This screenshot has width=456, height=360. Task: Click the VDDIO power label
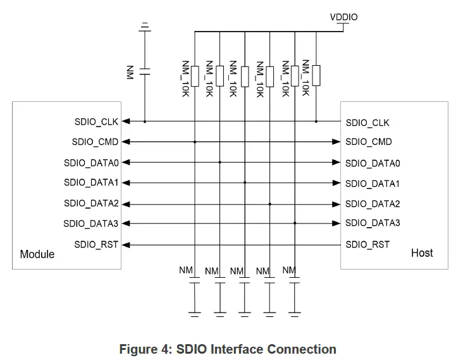343,17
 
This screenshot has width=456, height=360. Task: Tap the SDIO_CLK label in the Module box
96,121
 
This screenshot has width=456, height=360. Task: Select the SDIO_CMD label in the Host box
369,142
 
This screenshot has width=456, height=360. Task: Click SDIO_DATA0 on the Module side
92,163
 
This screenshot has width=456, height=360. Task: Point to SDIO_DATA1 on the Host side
373,183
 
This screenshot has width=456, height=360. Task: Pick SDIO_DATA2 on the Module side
92,203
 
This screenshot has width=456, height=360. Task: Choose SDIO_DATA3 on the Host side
373,223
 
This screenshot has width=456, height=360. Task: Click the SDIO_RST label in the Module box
96,244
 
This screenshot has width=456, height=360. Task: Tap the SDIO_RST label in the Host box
367,244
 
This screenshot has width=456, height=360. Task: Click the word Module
37,254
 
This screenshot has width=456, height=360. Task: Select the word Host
422,253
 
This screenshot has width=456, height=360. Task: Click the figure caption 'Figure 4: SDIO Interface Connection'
228,349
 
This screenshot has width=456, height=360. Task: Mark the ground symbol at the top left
145,27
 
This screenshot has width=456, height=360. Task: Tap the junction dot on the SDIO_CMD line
195,142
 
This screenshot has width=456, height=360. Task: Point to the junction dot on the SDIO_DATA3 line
295,223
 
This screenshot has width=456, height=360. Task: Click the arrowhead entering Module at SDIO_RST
125,244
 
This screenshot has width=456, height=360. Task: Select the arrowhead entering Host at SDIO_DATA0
338,163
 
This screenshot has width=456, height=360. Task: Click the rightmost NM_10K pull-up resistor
316,75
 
